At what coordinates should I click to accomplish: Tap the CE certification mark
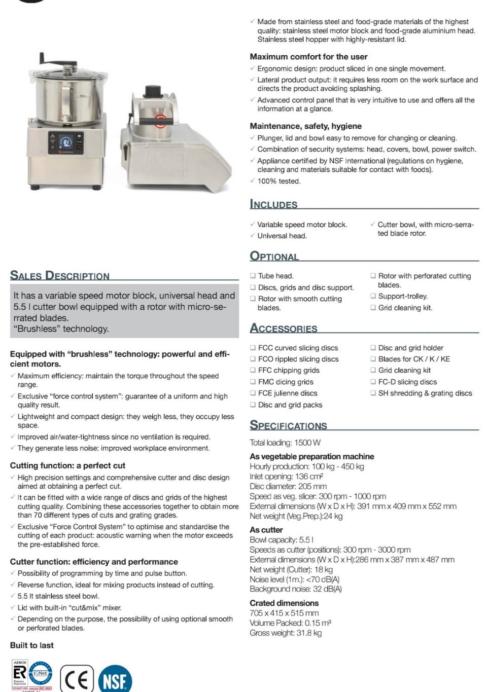click(77, 679)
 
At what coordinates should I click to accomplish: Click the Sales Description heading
click(60, 276)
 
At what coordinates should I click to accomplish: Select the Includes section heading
click(273, 204)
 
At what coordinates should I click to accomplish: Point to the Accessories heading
click(284, 329)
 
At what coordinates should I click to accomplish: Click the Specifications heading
click(288, 426)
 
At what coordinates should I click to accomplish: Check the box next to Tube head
click(253, 276)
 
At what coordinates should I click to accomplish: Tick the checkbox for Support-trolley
click(373, 296)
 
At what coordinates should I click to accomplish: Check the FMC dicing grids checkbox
click(253, 382)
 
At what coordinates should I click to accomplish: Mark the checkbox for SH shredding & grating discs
click(373, 393)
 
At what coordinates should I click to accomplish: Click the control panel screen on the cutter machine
click(65, 141)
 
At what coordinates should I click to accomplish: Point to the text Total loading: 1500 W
click(285, 443)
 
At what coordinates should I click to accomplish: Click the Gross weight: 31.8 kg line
click(286, 633)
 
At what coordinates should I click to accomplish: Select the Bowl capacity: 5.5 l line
click(282, 540)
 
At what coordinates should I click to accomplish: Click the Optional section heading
click(274, 257)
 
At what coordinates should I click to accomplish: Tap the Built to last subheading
click(31, 645)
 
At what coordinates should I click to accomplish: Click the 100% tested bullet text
click(279, 181)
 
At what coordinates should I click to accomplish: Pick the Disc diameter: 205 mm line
click(288, 486)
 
